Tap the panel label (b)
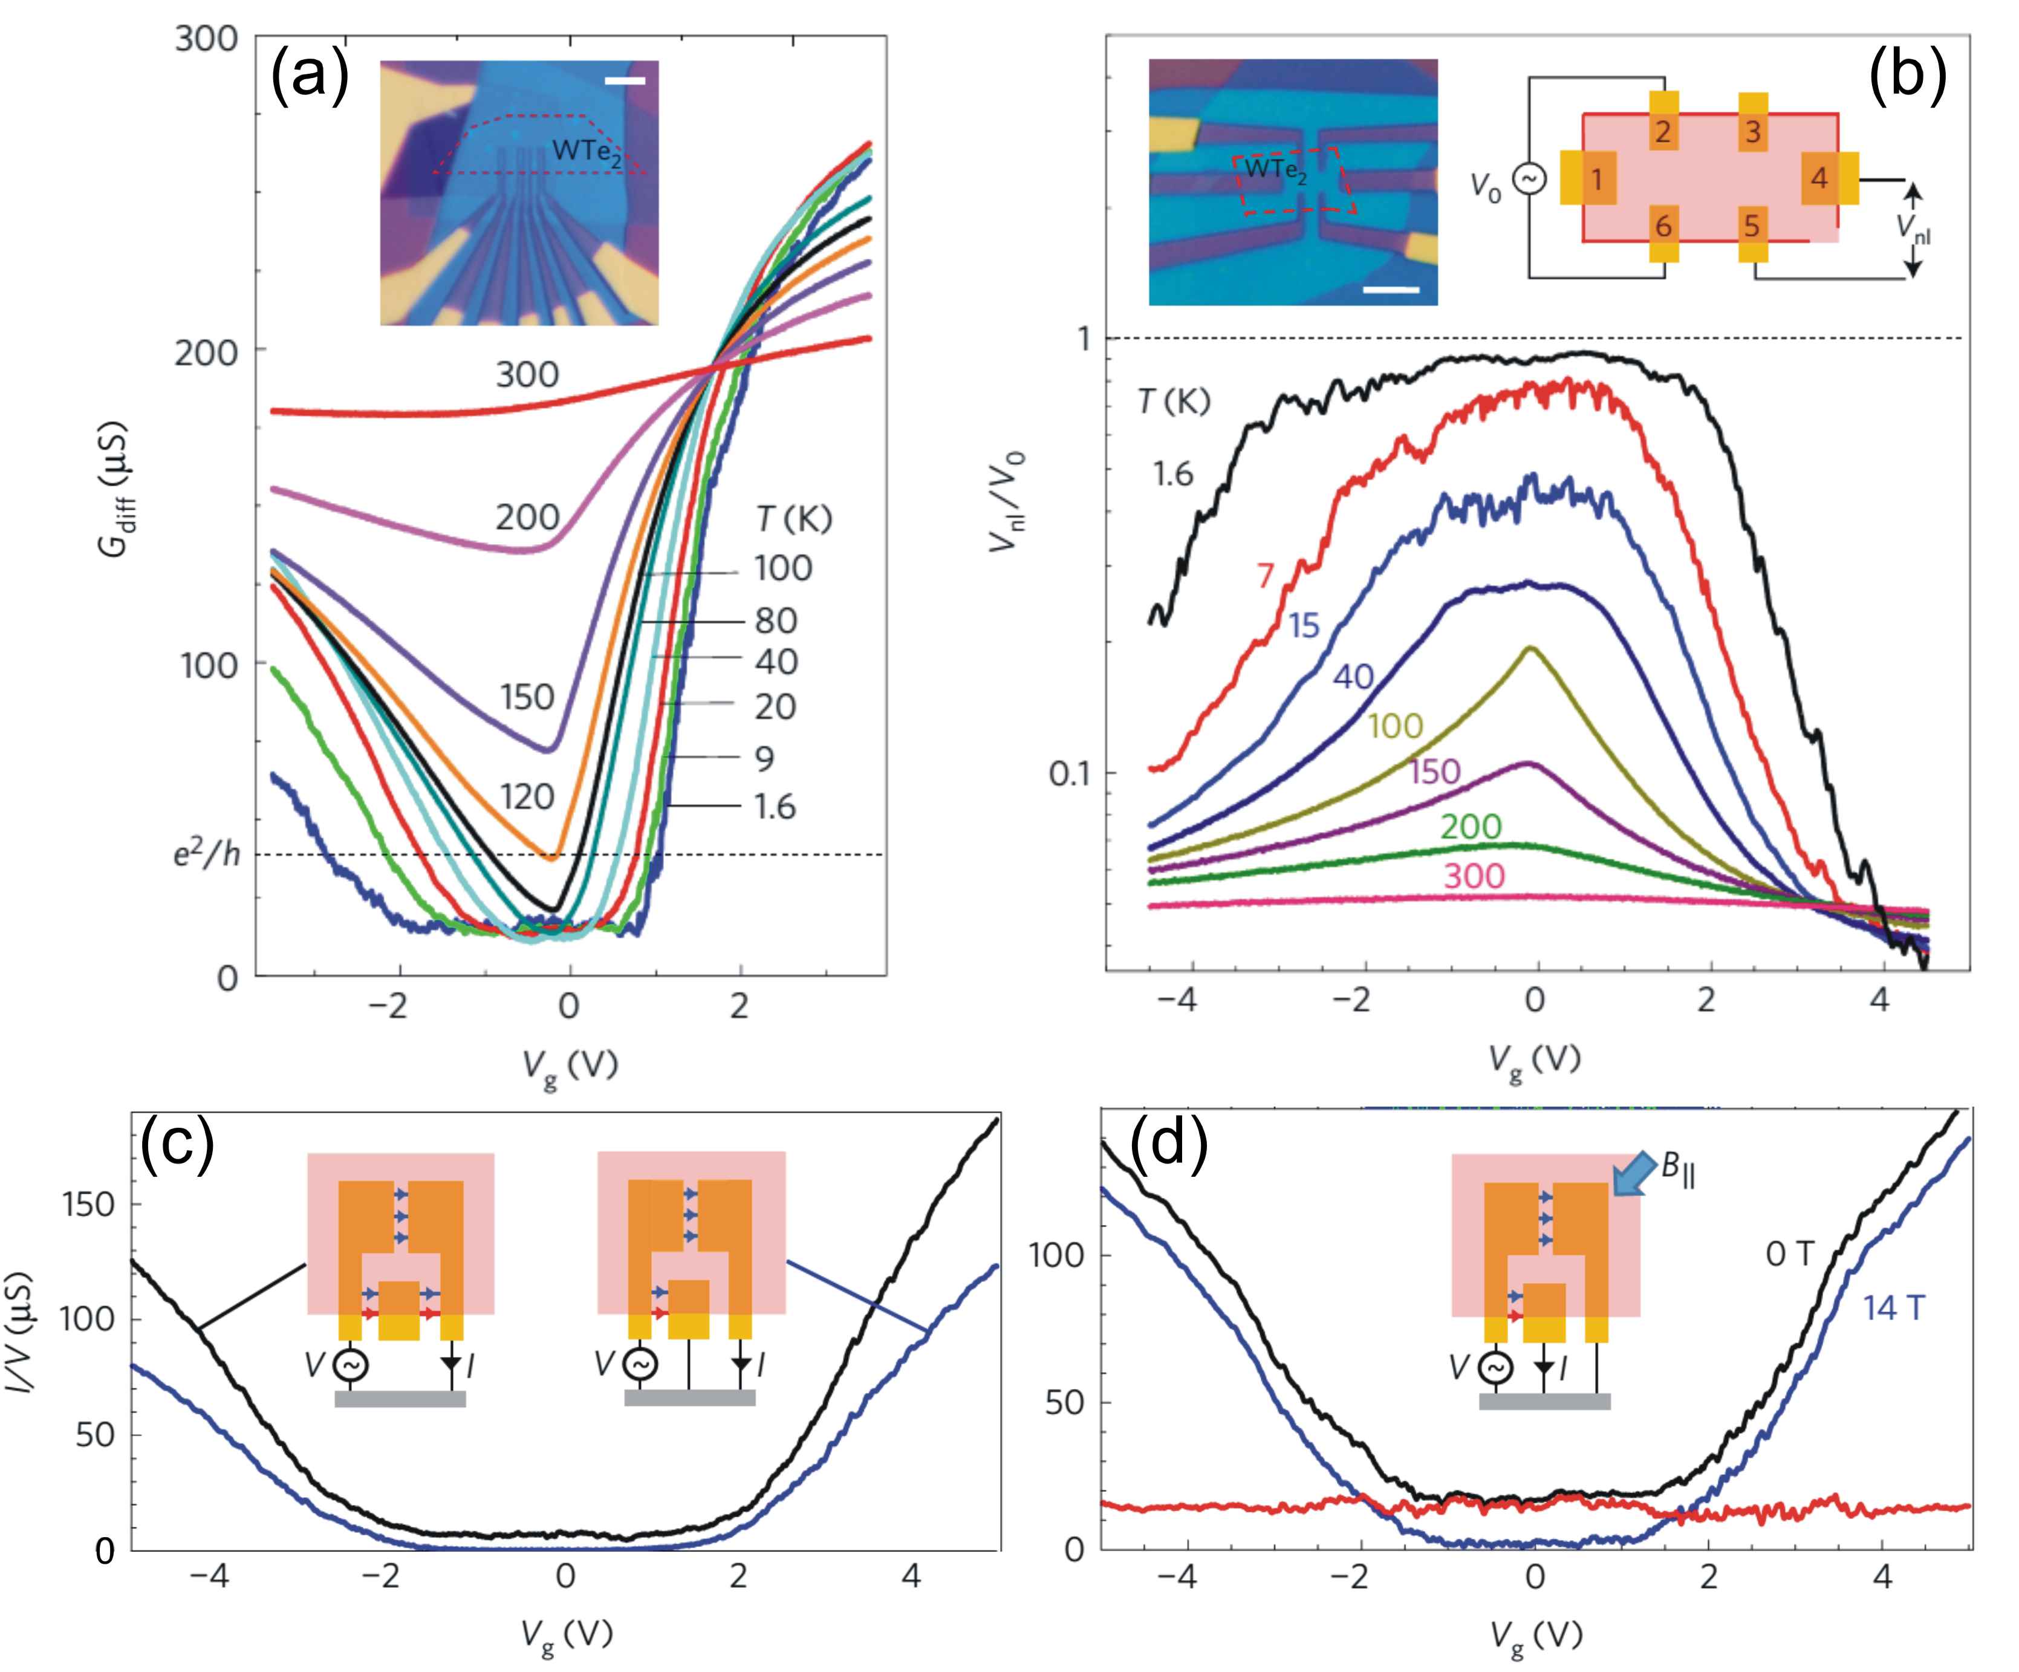(1907, 76)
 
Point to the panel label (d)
(1167, 1147)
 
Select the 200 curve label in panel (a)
(527, 517)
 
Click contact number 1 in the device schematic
(1596, 180)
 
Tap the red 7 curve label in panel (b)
(1265, 575)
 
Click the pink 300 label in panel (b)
(1474, 876)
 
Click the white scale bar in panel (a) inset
(625, 81)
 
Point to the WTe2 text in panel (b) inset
(1275, 170)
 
